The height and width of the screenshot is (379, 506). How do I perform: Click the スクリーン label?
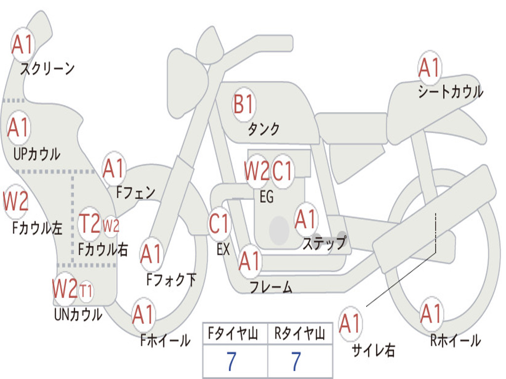click(47, 69)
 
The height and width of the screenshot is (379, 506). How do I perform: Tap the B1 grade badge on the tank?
click(244, 105)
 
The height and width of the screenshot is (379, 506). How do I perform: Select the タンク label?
click(263, 129)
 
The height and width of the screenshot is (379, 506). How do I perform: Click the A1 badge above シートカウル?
click(429, 68)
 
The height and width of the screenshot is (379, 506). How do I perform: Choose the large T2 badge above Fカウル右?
click(90, 224)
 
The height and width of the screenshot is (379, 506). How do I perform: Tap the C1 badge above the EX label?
click(219, 224)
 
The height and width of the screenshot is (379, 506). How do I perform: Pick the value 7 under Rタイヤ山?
click(295, 362)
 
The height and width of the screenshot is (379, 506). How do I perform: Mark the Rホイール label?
click(455, 341)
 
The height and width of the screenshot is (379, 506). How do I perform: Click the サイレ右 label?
click(373, 350)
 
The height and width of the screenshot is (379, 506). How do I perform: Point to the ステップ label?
click(324, 243)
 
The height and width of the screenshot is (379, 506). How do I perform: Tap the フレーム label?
click(271, 287)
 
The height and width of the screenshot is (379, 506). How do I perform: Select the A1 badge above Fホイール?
click(144, 314)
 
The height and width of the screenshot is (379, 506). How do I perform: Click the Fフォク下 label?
click(171, 280)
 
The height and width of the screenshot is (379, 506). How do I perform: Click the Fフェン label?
click(135, 192)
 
